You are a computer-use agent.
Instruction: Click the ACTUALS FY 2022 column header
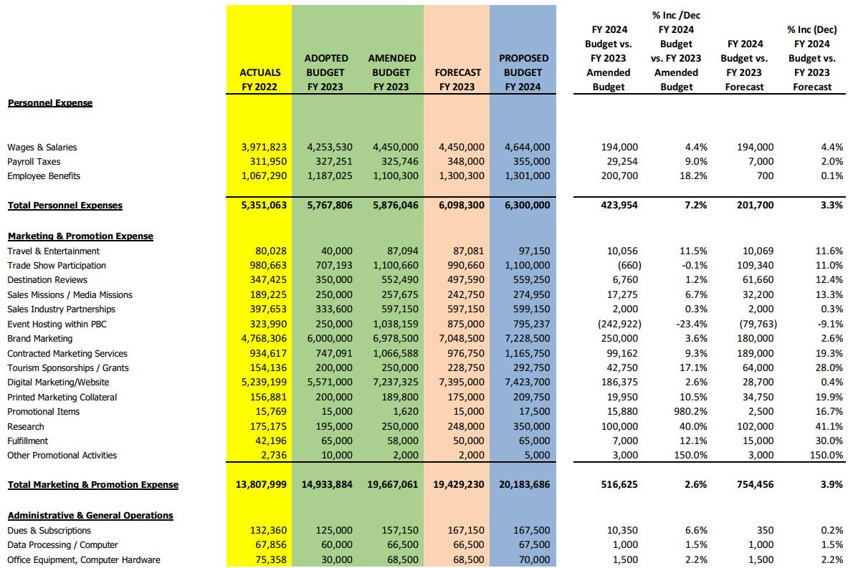point(259,80)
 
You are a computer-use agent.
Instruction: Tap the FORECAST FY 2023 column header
point(457,80)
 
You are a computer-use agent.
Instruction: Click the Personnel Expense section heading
point(50,103)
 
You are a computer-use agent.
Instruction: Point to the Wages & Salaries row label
point(42,148)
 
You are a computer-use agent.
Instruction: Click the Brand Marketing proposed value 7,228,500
point(525,339)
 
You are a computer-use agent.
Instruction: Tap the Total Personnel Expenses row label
point(65,206)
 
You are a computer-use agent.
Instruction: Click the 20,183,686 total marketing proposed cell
point(521,485)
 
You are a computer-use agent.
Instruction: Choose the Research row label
point(26,427)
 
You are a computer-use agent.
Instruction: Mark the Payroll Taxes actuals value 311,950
point(265,162)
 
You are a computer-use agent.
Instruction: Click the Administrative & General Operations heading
point(90,516)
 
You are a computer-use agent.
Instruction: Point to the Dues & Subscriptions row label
point(49,531)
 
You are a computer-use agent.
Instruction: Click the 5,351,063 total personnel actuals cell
point(261,206)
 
